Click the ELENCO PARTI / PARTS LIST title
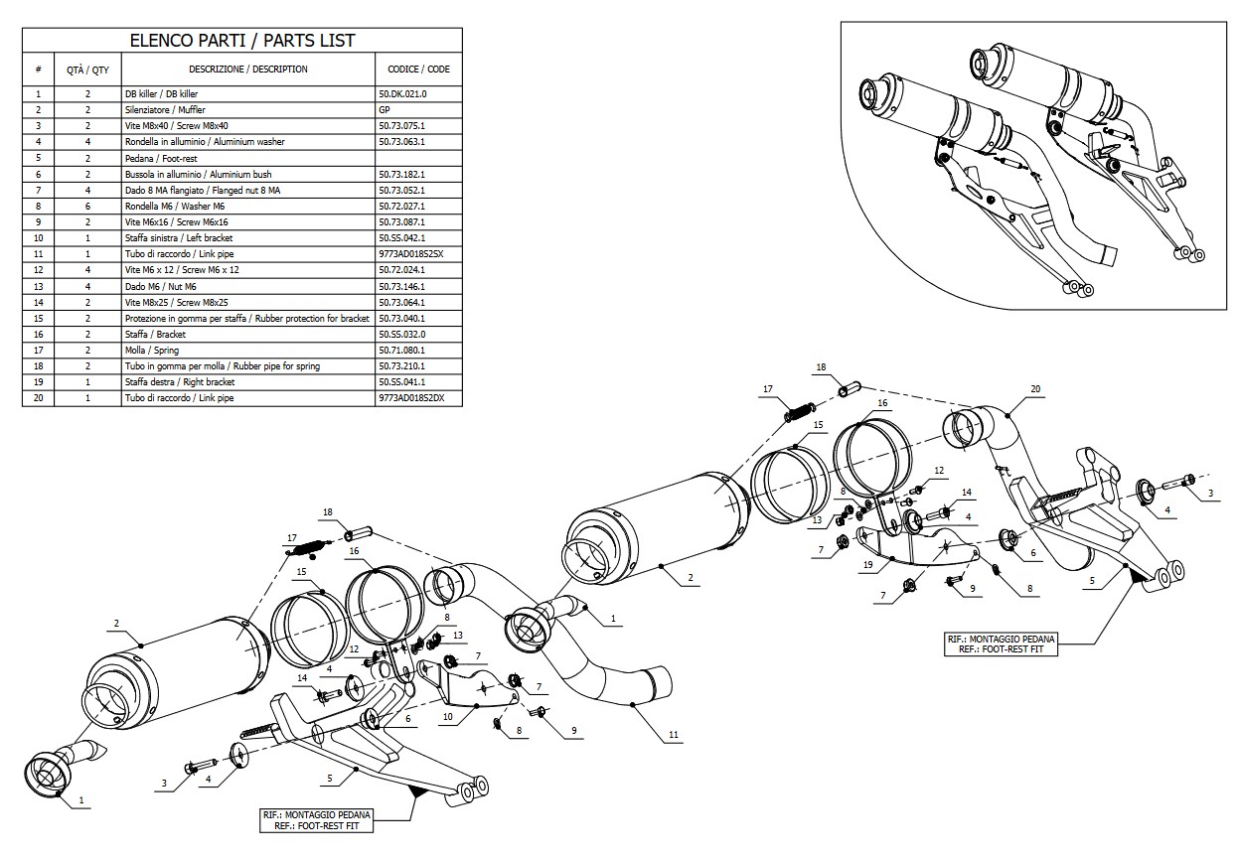242,41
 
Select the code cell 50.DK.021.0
402,93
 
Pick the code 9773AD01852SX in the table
410,254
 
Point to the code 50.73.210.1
402,366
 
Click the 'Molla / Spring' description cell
152,351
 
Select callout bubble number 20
1035,389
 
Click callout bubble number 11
674,735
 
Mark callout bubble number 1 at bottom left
81,798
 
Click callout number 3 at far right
1210,493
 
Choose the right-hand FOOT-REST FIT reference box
1001,644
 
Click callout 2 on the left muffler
116,624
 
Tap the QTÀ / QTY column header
87,70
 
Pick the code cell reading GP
386,109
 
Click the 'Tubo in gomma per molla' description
222,366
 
